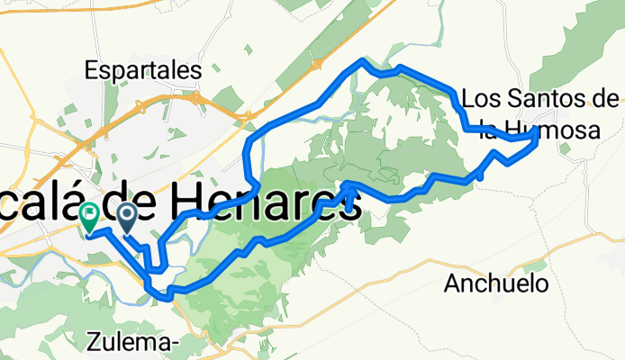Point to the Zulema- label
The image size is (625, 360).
point(135,341)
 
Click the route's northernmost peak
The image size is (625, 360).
point(362,60)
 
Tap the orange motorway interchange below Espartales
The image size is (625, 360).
point(139,106)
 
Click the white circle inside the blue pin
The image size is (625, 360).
point(127,213)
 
